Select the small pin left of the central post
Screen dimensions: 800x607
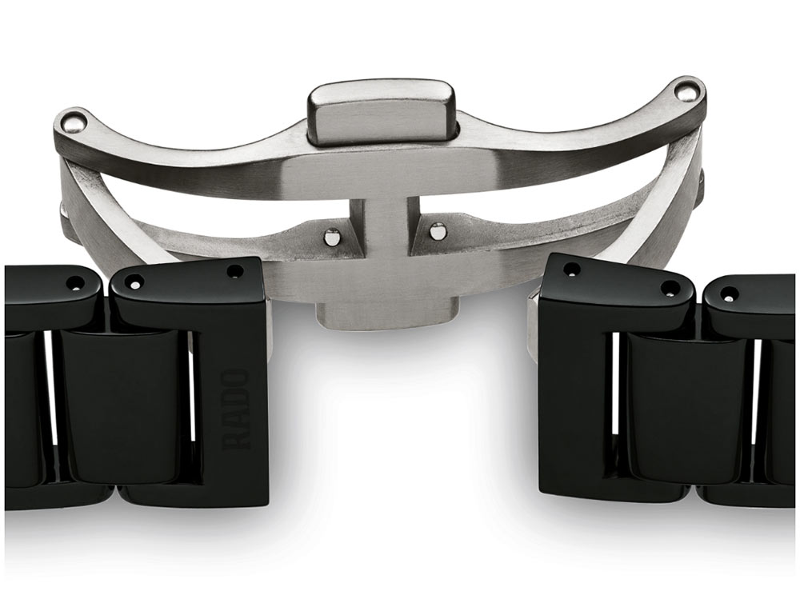pyautogui.click(x=332, y=235)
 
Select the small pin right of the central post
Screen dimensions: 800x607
pyautogui.click(x=437, y=231)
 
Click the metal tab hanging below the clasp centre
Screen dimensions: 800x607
pyautogui.click(x=386, y=316)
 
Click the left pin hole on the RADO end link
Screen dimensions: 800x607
pyautogui.click(x=136, y=280)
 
